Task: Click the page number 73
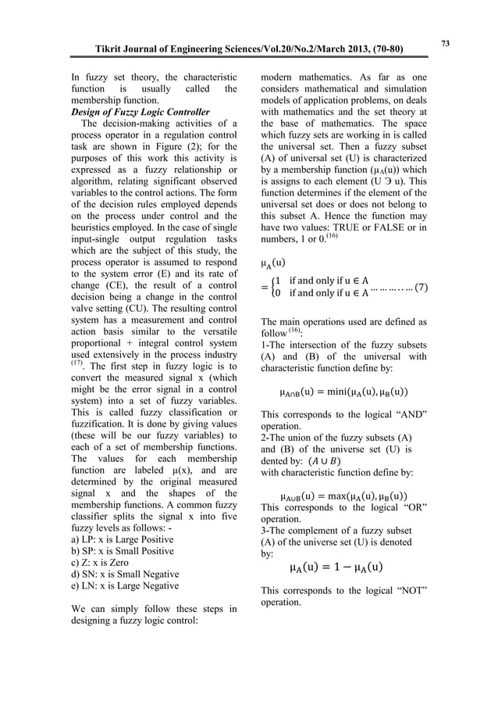445,42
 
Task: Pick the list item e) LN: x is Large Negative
124,585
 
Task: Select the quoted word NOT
407,590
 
